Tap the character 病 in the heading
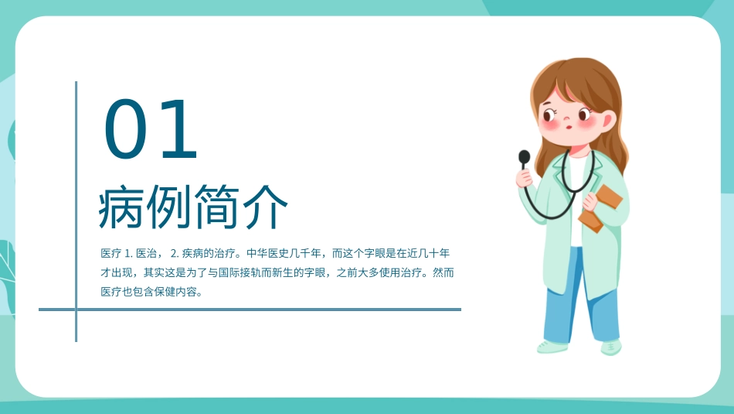[x=122, y=207]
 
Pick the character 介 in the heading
[x=266, y=207]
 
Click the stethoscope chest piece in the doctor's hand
[x=525, y=159]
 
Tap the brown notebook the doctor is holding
[x=600, y=207]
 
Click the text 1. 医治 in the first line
[x=141, y=253]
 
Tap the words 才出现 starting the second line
[x=114, y=273]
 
